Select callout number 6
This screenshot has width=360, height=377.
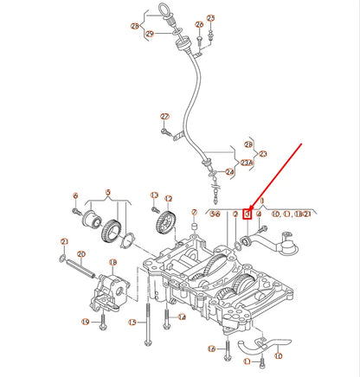pyautogui.click(x=75, y=196)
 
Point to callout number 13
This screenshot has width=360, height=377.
pyautogui.click(x=154, y=196)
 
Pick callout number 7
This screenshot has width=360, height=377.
pyautogui.click(x=194, y=213)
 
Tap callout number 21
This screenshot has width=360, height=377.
pyautogui.click(x=63, y=241)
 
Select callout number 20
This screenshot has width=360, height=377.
pyautogui.click(x=81, y=254)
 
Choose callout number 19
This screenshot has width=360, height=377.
pyautogui.click(x=86, y=322)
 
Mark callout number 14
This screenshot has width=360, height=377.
pyautogui.click(x=181, y=317)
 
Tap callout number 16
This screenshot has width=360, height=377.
pyautogui.click(x=210, y=348)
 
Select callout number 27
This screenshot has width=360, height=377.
pyautogui.click(x=164, y=116)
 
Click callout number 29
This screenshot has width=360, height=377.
pyautogui.click(x=149, y=34)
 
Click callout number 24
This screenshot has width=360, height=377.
pyautogui.click(x=229, y=171)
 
